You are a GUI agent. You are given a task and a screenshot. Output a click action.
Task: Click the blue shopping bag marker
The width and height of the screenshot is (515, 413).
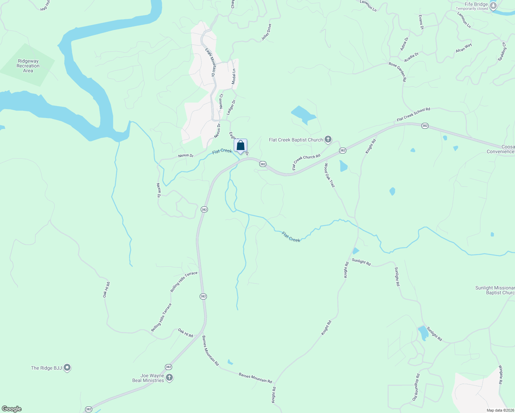[x=240, y=145]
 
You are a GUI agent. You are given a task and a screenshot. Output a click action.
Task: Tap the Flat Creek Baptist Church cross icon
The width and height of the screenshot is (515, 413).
[x=328, y=139]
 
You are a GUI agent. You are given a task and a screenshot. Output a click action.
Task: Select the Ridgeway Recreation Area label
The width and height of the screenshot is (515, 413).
[x=28, y=66]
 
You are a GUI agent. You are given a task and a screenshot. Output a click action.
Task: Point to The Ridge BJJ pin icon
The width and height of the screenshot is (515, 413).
[x=67, y=368]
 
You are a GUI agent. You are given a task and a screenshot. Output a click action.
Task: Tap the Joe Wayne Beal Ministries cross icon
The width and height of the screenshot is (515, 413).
[x=169, y=378]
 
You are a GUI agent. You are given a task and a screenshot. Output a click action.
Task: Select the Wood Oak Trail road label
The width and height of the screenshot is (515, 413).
[x=329, y=175]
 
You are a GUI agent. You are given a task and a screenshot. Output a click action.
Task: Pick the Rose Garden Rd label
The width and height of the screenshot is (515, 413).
[x=398, y=72]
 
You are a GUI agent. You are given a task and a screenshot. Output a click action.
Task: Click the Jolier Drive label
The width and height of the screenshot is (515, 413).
[x=266, y=32]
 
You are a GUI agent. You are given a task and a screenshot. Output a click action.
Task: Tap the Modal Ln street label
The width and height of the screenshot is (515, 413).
[x=234, y=76]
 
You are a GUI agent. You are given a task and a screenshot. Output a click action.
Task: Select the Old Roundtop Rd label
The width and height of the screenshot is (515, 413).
[x=416, y=387]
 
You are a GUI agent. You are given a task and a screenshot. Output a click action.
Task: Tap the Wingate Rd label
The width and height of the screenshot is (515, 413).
[x=501, y=374]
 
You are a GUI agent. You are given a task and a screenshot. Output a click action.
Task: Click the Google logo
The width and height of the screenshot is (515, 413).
[x=11, y=409]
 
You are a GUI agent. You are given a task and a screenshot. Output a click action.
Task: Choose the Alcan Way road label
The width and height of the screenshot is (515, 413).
[x=464, y=48]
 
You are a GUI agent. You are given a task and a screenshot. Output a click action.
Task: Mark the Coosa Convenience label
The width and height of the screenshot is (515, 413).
[x=501, y=149]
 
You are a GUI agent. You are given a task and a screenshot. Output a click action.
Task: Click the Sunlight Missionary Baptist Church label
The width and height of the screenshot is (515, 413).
[x=495, y=290]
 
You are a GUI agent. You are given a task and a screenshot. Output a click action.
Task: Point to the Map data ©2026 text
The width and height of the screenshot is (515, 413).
[x=500, y=410]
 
